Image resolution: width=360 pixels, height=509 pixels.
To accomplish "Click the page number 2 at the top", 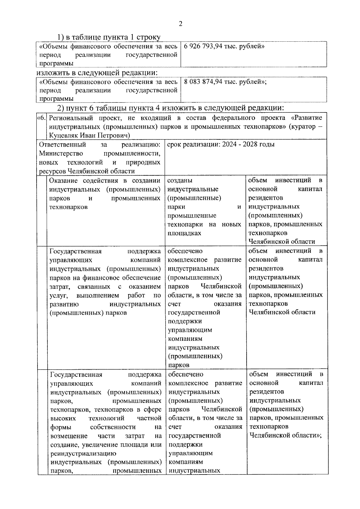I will [180, 24].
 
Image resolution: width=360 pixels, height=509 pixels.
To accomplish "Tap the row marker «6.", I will [42, 118].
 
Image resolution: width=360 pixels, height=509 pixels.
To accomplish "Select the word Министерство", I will [61, 153].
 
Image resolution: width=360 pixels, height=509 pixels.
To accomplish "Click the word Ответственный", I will [63, 144].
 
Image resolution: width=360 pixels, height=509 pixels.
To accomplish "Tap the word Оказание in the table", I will [64, 180].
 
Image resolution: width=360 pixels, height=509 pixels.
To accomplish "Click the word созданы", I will [180, 180].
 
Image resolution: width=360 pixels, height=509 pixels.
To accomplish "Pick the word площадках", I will [184, 233].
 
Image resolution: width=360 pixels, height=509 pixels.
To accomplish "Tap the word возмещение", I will [69, 436].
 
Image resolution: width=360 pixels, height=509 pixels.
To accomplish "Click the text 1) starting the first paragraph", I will [61, 37].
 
